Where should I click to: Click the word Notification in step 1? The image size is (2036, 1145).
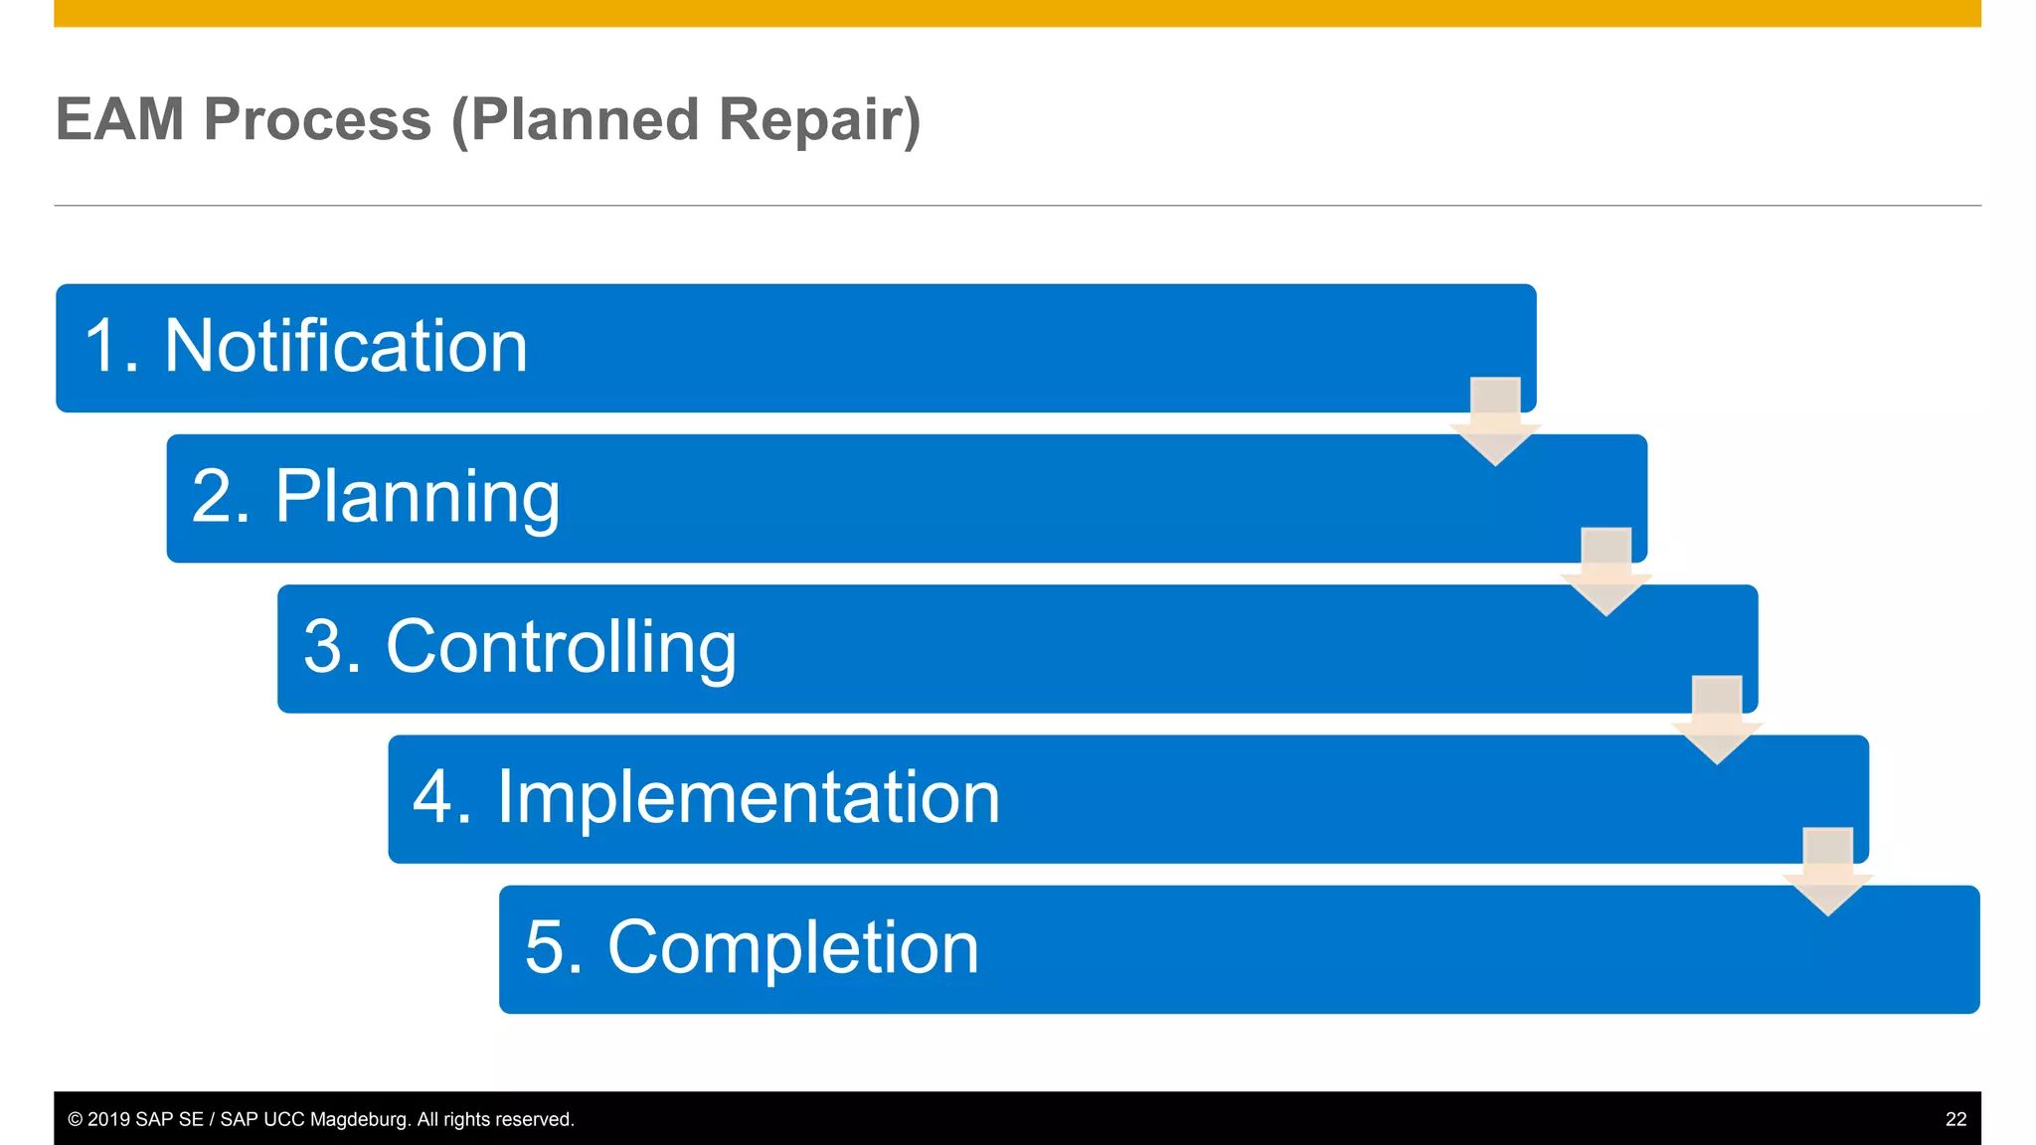(346, 347)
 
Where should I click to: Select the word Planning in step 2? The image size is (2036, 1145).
(418, 497)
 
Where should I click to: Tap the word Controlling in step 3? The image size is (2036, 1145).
(561, 648)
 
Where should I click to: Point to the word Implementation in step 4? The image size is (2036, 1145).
(748, 798)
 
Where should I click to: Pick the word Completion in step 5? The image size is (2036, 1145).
(792, 948)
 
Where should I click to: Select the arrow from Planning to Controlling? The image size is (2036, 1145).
(1606, 572)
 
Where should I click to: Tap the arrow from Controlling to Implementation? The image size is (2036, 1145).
(1717, 721)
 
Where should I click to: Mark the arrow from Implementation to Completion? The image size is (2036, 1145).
(1827, 872)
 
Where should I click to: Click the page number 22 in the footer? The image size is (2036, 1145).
(1955, 1119)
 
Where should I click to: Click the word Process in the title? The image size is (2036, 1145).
(318, 120)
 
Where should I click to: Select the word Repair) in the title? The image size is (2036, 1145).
(820, 120)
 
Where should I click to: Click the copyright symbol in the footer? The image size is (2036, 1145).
(76, 1119)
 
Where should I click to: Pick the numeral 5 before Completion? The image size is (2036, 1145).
(545, 948)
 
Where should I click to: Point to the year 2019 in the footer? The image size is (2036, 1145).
(108, 1119)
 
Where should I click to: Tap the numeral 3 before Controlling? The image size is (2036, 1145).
(323, 648)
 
